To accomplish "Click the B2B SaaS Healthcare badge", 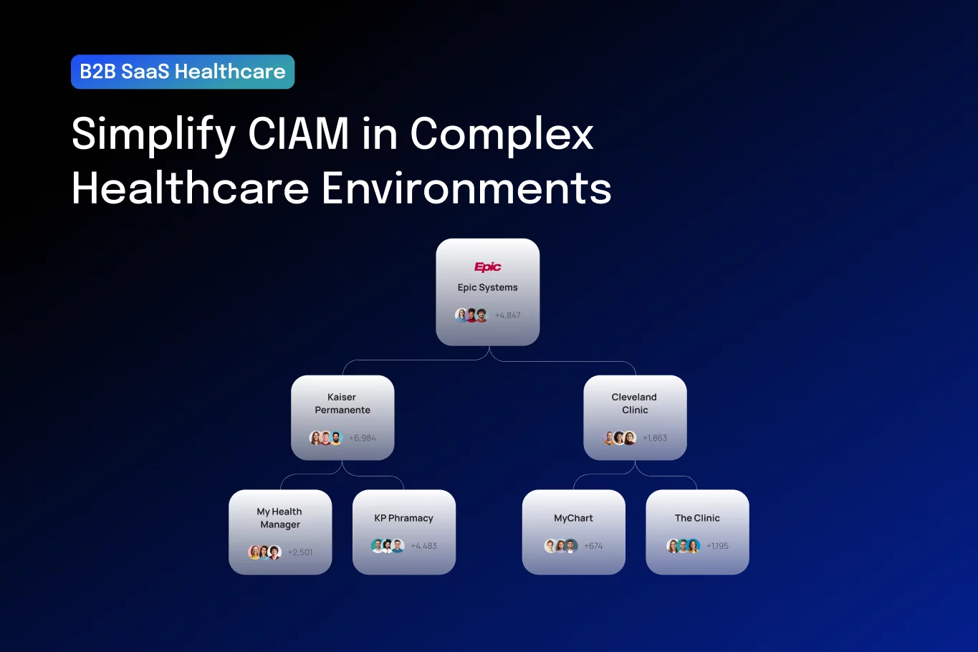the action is (183, 72).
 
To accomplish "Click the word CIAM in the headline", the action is (299, 133).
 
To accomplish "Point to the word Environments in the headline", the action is (466, 188).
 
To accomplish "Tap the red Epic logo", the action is (488, 267).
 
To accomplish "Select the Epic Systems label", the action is (488, 287).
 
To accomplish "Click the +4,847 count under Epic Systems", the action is (508, 315).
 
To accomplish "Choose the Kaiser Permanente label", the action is (342, 403).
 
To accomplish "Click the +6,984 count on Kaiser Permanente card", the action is (363, 438).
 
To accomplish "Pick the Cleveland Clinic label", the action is (634, 403).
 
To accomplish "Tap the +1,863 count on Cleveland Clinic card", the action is (655, 438).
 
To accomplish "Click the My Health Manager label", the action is (280, 518).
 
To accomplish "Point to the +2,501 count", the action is (300, 552).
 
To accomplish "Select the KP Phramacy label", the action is (404, 518).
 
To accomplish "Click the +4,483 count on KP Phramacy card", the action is (424, 546).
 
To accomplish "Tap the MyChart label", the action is (573, 518).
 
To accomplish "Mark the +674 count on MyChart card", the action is (593, 546).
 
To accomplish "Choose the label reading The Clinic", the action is (697, 518).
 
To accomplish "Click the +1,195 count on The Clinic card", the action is (717, 546).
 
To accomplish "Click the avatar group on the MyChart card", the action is (561, 546).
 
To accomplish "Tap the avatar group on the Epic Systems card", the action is (471, 315).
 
